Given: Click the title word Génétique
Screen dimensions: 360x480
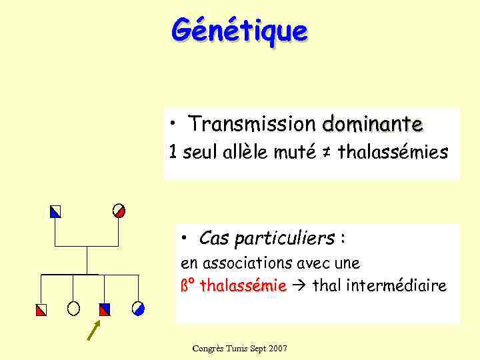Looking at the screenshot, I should point(239,30).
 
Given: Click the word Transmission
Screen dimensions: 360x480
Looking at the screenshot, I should point(251,124).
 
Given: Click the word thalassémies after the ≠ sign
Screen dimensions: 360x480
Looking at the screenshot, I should point(393,153).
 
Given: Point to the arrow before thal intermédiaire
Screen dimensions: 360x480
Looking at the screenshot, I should point(297,287).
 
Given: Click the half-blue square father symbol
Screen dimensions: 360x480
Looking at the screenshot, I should point(55,212).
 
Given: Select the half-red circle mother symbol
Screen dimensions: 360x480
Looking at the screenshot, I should point(119,211).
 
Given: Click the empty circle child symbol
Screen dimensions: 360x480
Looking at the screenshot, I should point(73,308).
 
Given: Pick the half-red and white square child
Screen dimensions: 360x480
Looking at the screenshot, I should point(42,309).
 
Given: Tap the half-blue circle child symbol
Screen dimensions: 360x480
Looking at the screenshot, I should point(138,308).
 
